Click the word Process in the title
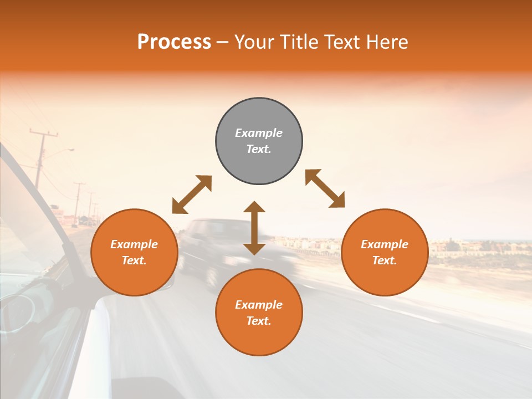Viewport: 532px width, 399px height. click(174, 42)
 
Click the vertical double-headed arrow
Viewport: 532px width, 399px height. click(254, 228)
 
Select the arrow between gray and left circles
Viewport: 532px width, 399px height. click(192, 194)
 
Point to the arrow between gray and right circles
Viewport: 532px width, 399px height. click(325, 188)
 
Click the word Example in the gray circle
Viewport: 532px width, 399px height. click(259, 133)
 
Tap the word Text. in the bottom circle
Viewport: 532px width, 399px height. click(259, 321)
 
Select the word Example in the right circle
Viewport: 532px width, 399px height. click(385, 244)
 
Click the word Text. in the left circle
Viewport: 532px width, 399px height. click(134, 260)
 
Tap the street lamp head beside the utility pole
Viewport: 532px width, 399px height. click(70, 149)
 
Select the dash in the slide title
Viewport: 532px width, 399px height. click(222, 43)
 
